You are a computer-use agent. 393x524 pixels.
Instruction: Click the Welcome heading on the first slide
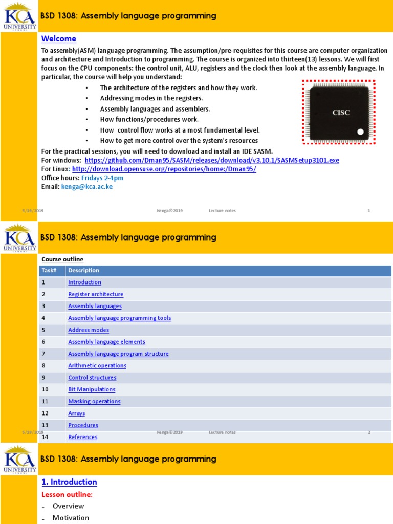click(58, 39)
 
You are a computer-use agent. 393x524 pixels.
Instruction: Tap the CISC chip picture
click(338, 113)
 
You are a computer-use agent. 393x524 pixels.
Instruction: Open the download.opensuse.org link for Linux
click(164, 169)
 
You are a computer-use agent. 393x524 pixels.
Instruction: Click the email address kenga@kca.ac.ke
click(87, 187)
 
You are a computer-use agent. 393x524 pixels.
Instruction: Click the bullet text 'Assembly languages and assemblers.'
click(155, 109)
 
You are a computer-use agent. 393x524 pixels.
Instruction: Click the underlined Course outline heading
click(62, 259)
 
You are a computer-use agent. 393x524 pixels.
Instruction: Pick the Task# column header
click(49, 271)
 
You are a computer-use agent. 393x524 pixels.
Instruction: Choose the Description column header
click(83, 271)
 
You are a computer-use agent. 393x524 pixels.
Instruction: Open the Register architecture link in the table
click(96, 294)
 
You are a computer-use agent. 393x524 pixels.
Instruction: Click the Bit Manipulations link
click(92, 389)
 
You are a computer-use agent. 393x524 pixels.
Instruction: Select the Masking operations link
click(94, 401)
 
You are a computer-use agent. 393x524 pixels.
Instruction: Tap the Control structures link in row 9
click(92, 378)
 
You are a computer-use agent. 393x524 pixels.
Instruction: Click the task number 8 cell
click(45, 366)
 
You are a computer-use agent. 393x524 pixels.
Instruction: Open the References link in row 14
click(82, 437)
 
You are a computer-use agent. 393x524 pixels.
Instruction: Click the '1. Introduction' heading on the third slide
click(69, 482)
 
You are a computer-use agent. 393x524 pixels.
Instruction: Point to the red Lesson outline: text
click(67, 495)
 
